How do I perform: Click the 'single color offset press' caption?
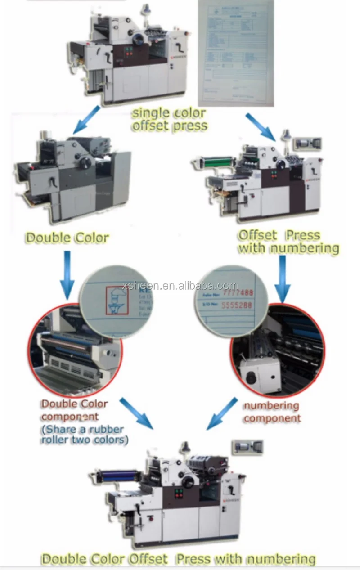[x=169, y=119]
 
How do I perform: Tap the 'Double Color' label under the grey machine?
[x=67, y=238]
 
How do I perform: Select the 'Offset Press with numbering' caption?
[x=288, y=242]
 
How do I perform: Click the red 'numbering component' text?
[x=272, y=412]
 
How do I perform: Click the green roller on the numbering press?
[x=218, y=160]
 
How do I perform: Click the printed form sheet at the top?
[x=236, y=53]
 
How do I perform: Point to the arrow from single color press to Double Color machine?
[x=87, y=120]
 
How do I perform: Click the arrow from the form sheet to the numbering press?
[x=261, y=127]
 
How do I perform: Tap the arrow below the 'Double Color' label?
[x=67, y=274]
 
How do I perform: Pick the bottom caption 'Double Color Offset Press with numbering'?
[x=179, y=559]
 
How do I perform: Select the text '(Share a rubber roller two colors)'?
[x=85, y=434]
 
